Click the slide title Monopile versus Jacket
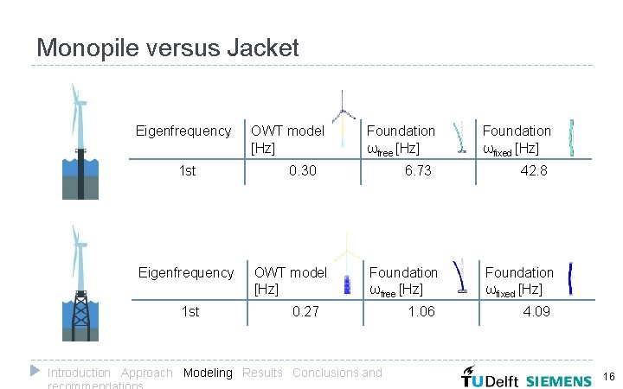pos(168,48)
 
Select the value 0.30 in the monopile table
pos(302,171)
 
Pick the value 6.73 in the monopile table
pos(418,171)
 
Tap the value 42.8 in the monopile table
pos(533,171)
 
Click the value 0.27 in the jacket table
pos(305,311)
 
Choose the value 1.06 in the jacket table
pos(421,311)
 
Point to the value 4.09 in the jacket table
pos(536,311)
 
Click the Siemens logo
pos(559,380)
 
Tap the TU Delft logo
pos(491,379)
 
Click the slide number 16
pos(608,377)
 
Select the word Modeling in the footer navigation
pos(208,373)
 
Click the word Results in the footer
pos(262,373)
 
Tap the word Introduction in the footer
pos(79,373)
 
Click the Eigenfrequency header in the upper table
pos(183,131)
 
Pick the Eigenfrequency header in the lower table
pos(186,272)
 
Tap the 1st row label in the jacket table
pos(189,311)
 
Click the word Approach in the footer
pos(146,373)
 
